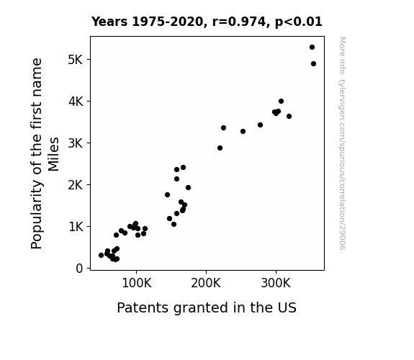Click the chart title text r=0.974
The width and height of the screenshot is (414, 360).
(x=239, y=22)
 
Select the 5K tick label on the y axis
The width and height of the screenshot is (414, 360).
(x=76, y=60)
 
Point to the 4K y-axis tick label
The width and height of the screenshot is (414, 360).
(x=76, y=102)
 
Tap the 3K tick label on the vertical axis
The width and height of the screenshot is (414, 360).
(x=76, y=143)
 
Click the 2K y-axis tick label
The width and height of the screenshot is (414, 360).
(x=76, y=185)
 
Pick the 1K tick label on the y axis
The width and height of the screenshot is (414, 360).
(x=76, y=227)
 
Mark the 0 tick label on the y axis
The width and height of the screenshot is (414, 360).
(x=79, y=269)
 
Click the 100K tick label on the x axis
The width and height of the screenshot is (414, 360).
(x=137, y=284)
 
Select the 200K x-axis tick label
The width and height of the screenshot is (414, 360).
(x=206, y=284)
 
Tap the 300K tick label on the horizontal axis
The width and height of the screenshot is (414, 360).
(x=276, y=284)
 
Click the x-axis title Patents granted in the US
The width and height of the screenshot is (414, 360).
(x=207, y=308)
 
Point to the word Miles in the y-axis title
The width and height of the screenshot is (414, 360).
(x=53, y=154)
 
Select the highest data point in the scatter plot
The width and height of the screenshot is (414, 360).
(x=312, y=48)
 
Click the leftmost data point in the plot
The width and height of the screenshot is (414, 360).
(x=101, y=255)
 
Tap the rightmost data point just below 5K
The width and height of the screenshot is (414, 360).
(x=313, y=63)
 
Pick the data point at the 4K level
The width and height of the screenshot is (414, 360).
(x=281, y=101)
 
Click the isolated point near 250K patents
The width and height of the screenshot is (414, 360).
(x=243, y=131)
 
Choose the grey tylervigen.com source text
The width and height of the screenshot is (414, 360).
(x=342, y=143)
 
